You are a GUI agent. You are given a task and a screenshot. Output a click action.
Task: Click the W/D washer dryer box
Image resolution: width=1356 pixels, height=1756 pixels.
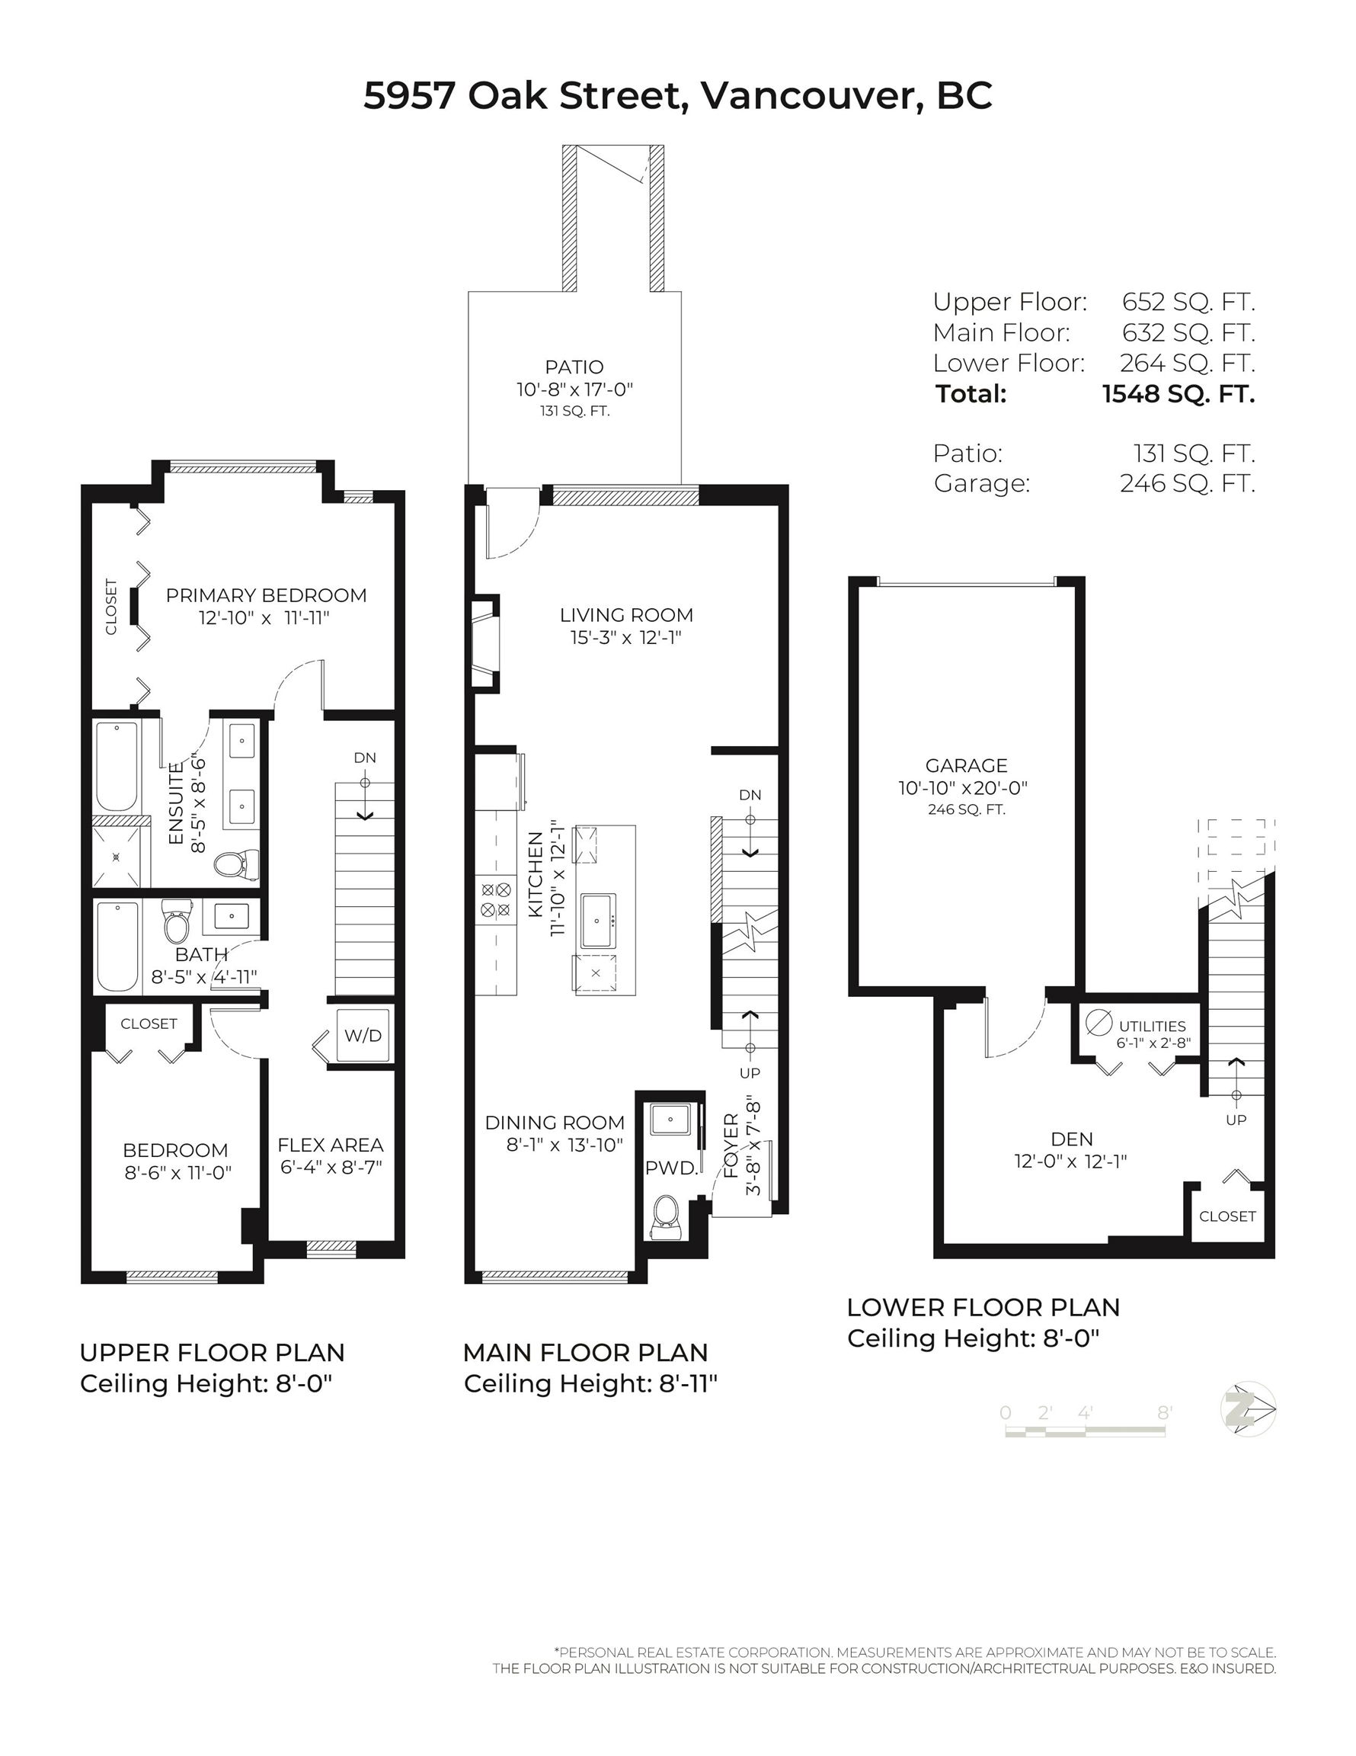pyautogui.click(x=363, y=1036)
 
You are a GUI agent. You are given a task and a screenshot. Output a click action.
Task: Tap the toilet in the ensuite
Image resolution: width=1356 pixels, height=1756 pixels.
pyautogui.click(x=236, y=864)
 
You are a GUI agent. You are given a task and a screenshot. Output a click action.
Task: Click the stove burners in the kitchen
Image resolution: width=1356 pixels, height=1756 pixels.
pyautogui.click(x=496, y=899)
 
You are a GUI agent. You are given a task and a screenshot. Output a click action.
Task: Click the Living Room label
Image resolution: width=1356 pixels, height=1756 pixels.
pyautogui.click(x=626, y=615)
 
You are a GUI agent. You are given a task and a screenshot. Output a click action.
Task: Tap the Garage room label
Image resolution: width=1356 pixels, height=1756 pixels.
pyautogui.click(x=966, y=765)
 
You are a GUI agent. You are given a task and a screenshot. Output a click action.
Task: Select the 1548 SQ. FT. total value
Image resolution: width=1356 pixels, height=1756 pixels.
pyautogui.click(x=1178, y=394)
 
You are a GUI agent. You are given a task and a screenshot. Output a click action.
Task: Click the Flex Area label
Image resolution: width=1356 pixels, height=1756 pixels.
pyautogui.click(x=331, y=1145)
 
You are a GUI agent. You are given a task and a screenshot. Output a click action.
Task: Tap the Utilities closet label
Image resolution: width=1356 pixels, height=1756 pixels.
pyautogui.click(x=1152, y=1026)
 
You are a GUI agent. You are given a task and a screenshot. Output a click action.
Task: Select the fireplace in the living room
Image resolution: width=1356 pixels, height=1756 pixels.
pyautogui.click(x=485, y=643)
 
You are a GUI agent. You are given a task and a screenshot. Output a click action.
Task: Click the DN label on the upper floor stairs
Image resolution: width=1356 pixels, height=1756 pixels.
pyautogui.click(x=365, y=758)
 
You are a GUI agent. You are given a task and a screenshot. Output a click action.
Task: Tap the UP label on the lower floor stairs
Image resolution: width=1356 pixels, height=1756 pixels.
pyautogui.click(x=1236, y=1120)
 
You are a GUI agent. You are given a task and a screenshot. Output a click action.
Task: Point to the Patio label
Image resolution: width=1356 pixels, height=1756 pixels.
pyautogui.click(x=574, y=367)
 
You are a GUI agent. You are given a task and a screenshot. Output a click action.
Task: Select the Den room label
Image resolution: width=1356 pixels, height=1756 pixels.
pyautogui.click(x=1071, y=1139)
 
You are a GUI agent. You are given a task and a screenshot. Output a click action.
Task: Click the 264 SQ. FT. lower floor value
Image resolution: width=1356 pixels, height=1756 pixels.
pyautogui.click(x=1187, y=364)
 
